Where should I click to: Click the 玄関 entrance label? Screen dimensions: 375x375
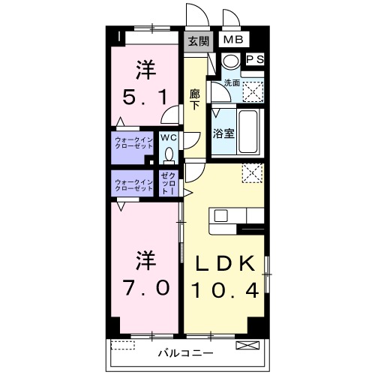click(x=198, y=40)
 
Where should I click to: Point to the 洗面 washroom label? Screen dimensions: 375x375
click(x=231, y=82)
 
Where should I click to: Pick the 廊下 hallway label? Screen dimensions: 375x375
click(x=194, y=100)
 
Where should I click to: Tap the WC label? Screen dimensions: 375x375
click(x=168, y=138)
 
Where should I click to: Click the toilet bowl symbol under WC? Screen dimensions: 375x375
click(x=168, y=154)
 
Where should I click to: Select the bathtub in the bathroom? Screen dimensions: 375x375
click(x=247, y=131)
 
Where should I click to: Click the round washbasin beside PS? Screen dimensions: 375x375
click(x=232, y=61)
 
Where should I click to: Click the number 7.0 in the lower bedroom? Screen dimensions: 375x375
click(x=146, y=287)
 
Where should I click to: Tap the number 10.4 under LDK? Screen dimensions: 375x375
click(x=225, y=289)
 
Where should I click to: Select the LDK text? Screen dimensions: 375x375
click(x=225, y=262)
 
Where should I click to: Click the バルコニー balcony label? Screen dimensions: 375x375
click(x=185, y=352)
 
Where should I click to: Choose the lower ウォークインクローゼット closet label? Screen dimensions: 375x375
click(x=133, y=185)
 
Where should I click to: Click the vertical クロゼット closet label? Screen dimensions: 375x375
click(x=168, y=184)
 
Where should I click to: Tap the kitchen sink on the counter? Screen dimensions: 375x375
click(x=222, y=215)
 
